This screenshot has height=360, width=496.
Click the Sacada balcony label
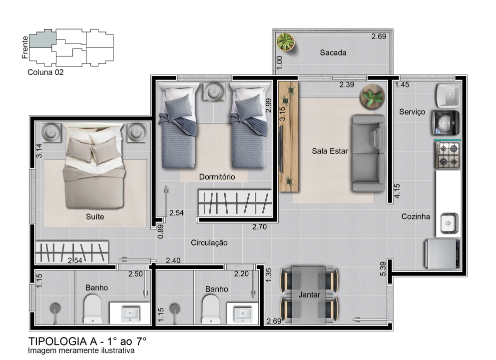333,52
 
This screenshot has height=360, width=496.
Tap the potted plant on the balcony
285,42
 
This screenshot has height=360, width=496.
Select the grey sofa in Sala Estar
369,153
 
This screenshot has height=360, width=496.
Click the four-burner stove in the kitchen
447,155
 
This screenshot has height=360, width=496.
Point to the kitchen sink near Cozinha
449,223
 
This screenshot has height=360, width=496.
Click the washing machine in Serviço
446,122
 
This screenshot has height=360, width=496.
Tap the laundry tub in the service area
448,95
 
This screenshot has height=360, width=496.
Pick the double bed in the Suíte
94,165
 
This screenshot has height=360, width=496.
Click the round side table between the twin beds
215,92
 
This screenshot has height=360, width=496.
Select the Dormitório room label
217,176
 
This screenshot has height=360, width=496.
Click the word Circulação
209,242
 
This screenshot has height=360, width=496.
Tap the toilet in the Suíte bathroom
93,309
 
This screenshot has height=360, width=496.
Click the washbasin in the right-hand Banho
243,314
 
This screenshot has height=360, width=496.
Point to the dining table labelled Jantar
309,295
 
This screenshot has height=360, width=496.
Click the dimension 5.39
383,268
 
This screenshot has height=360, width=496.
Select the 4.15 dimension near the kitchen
397,191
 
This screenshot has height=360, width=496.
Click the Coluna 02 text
45,72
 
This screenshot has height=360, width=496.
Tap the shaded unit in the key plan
42,38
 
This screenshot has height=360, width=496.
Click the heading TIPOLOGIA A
62,341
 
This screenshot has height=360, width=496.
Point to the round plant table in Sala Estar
372,96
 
